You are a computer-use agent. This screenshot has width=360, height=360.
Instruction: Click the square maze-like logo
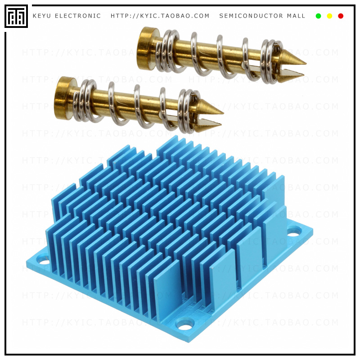[16, 16]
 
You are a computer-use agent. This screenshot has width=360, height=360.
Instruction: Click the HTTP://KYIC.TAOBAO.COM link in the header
[160, 16]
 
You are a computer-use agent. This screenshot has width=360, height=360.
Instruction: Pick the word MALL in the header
[296, 16]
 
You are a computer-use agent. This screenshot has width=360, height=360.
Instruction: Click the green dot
[319, 16]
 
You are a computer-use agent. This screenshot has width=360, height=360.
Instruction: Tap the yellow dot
[329, 16]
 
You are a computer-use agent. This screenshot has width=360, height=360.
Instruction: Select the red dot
[341, 16]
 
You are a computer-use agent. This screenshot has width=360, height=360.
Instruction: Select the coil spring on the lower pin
[135, 106]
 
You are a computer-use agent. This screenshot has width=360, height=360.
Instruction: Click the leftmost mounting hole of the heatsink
[43, 260]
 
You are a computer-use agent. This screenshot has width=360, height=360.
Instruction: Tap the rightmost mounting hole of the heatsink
[294, 232]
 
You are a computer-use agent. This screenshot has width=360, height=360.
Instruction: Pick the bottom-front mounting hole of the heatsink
[185, 323]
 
